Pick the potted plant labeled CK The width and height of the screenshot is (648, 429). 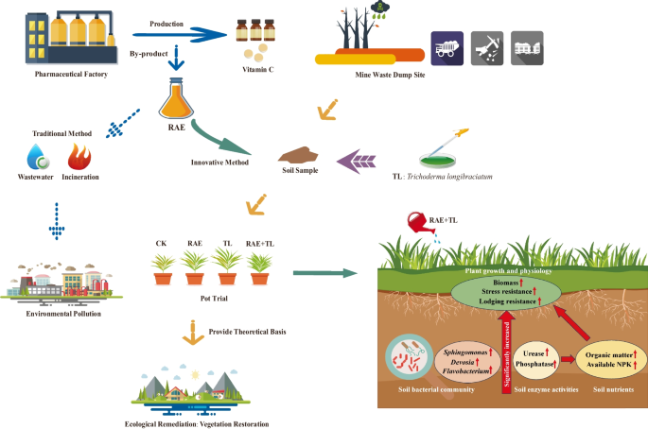pyautogui.click(x=162, y=268)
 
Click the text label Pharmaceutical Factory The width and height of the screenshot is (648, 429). pyautogui.click(x=72, y=72)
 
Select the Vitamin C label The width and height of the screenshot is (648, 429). pyautogui.click(x=256, y=72)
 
